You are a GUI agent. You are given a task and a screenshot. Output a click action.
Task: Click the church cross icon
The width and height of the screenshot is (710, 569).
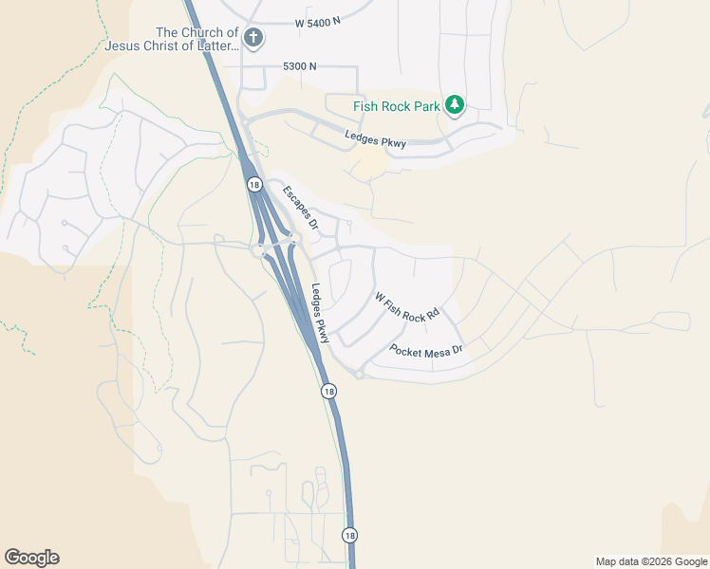click(252, 38)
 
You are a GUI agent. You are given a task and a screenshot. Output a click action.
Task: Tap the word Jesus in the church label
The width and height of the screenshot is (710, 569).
click(126, 46)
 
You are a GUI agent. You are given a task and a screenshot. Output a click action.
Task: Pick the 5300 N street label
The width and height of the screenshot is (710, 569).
click(299, 66)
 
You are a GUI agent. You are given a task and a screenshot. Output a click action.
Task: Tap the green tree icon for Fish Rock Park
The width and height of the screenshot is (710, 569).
click(455, 105)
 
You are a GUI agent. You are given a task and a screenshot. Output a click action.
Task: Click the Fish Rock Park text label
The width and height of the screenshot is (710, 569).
click(397, 106)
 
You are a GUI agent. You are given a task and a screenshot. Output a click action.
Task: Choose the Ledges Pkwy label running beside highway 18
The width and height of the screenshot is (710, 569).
click(320, 314)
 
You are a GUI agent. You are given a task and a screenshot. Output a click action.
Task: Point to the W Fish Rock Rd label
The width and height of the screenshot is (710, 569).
click(408, 307)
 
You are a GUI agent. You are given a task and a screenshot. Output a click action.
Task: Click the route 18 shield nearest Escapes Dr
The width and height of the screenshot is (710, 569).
click(254, 185)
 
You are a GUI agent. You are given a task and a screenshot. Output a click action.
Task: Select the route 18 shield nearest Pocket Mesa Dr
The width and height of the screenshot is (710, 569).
click(328, 391)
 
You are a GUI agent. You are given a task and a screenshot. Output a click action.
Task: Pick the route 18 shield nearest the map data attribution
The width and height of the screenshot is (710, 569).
click(350, 536)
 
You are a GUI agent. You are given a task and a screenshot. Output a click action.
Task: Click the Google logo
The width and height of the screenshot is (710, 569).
click(31, 558)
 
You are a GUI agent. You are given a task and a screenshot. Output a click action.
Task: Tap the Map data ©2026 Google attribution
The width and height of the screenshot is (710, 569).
click(650, 561)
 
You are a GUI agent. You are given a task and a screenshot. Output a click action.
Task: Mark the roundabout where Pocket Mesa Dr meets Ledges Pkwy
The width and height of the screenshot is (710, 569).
click(359, 374)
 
